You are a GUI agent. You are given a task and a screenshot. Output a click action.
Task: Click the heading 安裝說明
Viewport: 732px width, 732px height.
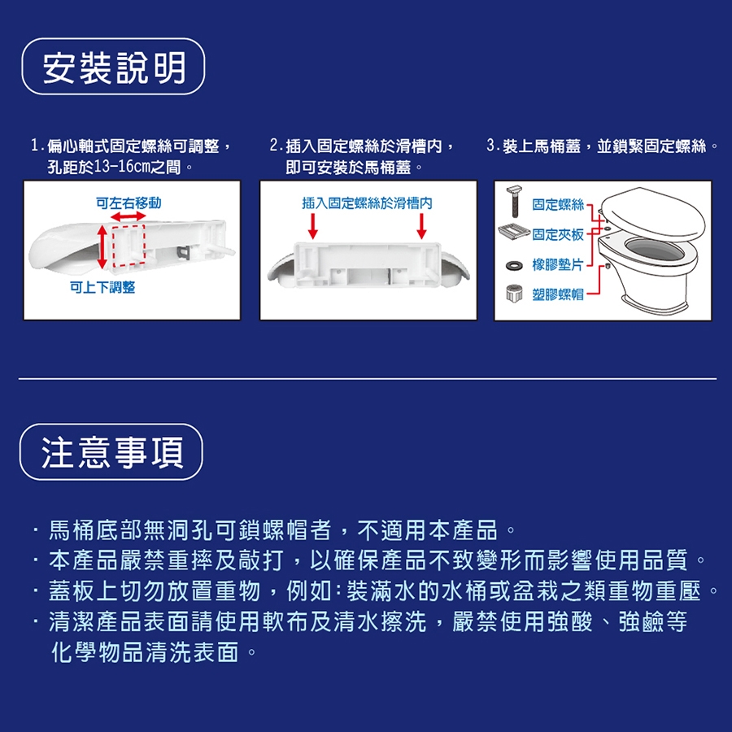click(x=114, y=68)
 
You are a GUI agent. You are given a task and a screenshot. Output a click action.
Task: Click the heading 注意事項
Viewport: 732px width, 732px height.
click(x=112, y=452)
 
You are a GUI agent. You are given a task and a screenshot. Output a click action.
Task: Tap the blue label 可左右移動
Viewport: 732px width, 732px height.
click(x=129, y=203)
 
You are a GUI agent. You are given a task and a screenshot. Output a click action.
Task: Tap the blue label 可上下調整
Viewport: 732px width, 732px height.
click(x=102, y=287)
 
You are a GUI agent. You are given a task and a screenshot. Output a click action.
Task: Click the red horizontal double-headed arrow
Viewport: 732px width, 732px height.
click(x=129, y=216)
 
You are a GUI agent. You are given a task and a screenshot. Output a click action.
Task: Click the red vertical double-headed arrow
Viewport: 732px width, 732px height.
click(x=102, y=246)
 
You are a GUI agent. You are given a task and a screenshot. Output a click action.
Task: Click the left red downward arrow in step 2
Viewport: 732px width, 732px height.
click(x=313, y=226)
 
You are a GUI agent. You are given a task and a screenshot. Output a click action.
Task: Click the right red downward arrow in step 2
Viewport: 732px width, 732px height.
click(x=421, y=226)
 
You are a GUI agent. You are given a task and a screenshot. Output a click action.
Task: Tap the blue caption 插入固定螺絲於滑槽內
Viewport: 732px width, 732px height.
click(x=367, y=203)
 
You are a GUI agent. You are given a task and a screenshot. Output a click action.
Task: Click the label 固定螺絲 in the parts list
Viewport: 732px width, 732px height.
click(x=558, y=204)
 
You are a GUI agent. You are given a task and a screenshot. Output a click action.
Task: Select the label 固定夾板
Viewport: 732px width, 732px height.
click(x=558, y=234)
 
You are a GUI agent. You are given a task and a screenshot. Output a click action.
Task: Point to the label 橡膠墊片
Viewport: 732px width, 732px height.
click(x=558, y=264)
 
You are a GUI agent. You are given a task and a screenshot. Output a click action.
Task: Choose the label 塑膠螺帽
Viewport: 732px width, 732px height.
click(x=558, y=294)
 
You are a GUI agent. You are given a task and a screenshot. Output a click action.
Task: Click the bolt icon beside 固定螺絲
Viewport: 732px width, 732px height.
click(x=515, y=201)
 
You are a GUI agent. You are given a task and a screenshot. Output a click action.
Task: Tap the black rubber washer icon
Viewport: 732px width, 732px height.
click(x=515, y=266)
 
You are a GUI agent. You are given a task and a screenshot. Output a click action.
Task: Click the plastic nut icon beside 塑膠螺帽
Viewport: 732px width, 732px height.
click(x=514, y=294)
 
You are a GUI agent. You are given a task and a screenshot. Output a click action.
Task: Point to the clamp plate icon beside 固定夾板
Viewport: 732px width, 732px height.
click(x=514, y=231)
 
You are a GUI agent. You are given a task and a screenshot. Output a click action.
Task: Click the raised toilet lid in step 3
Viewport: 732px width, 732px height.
click(x=652, y=211)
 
